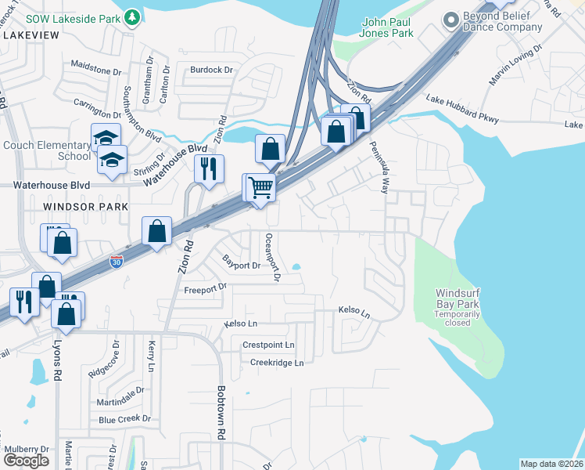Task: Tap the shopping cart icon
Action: [260, 188]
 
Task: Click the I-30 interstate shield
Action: [116, 260]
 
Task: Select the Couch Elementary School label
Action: [47, 150]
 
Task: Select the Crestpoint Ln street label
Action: [268, 345]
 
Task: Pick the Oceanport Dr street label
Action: [272, 256]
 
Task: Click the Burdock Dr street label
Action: [212, 70]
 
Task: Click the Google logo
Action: [26, 460]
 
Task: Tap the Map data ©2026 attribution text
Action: [551, 464]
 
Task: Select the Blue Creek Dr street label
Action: [124, 419]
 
